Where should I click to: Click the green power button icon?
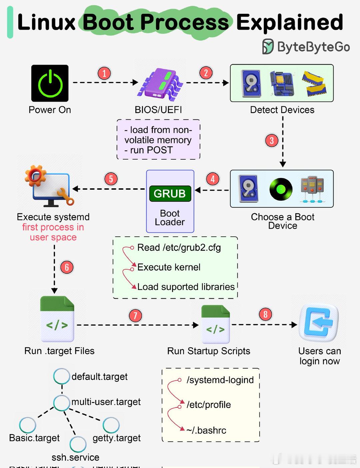pos(50,83)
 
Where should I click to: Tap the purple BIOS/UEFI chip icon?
pos(162,84)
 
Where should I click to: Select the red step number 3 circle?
pos(272,140)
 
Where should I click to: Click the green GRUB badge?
pos(170,194)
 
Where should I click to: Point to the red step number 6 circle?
pos(67,267)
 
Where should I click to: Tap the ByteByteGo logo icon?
pos(268,46)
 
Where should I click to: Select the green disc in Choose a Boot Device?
pos(281,189)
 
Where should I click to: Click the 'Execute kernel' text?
pos(169,267)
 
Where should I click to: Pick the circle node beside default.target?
pos(62,376)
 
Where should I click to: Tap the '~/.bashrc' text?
pos(207,430)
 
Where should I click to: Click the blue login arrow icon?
pos(319,323)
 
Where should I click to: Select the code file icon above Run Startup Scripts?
pos(216,324)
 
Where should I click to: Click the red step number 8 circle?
pos(265,314)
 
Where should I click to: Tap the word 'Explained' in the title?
pos(290,22)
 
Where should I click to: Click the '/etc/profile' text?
pos(209,405)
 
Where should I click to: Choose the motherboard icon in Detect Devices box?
pos(282,84)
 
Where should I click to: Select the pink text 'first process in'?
pos(53,227)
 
